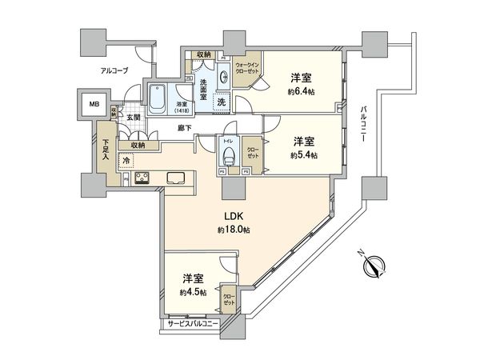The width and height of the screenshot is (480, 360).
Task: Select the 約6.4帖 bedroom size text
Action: [x=301, y=91]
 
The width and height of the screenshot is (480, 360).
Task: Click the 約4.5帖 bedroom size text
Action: [x=192, y=293]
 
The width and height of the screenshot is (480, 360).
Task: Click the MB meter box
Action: [x=94, y=104]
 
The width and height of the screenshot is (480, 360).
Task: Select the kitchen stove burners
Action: [x=142, y=178]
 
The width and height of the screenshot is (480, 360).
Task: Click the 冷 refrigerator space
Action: [x=126, y=161]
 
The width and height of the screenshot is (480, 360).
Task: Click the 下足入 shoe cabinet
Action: [x=105, y=152]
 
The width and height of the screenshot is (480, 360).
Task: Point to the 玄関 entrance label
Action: [x=132, y=118]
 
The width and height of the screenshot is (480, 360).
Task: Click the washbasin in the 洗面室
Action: [x=221, y=78]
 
